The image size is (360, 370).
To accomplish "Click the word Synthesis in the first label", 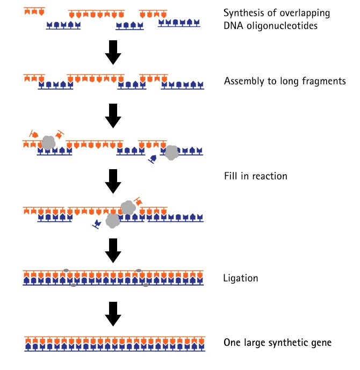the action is click(244, 13).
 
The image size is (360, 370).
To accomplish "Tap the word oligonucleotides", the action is click(282, 25).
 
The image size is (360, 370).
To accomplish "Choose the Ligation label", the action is click(241, 279).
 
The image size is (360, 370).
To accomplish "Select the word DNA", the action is click(233, 25).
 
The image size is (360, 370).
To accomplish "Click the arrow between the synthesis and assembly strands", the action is click(113, 53).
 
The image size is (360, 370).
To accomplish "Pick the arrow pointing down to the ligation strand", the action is click(113, 251).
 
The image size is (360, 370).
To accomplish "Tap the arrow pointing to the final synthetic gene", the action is click(113, 314).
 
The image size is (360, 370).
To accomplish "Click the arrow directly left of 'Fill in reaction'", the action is click(113, 181).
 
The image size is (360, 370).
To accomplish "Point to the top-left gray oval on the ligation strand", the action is click(66, 271).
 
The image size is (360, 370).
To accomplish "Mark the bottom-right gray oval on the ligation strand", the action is click(146, 285).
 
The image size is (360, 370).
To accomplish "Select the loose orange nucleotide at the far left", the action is click(34, 134).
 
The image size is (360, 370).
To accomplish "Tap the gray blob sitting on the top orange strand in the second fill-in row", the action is click(128, 207).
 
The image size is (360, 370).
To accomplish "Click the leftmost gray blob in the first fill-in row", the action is click(48, 143).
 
